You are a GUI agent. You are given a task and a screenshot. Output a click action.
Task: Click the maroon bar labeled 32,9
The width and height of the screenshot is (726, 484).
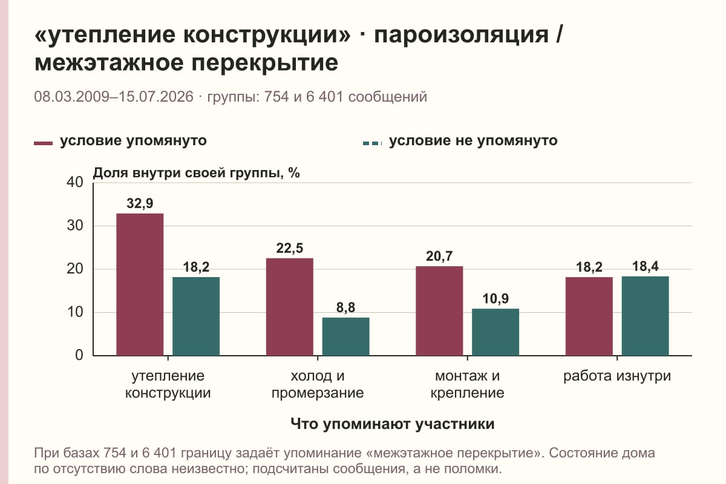[140, 284]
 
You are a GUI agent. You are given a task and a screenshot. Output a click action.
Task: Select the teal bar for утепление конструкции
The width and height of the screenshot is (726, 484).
[196, 316]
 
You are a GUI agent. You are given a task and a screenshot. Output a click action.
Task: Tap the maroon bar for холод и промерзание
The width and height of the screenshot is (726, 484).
[289, 307]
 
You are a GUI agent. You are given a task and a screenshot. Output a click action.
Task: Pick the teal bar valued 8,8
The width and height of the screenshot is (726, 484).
[345, 336]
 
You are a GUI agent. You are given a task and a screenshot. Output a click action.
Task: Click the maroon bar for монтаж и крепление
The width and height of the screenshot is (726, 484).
[439, 311]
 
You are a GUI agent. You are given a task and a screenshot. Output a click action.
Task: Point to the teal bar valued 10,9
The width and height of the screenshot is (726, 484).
[495, 332]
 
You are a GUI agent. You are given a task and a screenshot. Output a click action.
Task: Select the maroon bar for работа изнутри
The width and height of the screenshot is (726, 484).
[589, 316]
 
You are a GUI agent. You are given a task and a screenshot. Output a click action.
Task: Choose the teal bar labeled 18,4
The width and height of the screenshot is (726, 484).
[645, 316]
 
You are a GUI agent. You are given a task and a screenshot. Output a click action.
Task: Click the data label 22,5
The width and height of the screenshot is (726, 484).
[289, 248]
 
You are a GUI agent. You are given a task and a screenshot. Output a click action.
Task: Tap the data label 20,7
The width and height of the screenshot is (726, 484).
[439, 257]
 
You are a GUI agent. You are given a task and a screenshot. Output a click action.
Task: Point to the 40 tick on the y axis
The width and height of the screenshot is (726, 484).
[75, 182]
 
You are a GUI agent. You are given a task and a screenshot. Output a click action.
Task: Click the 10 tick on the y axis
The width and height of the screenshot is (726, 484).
[75, 312]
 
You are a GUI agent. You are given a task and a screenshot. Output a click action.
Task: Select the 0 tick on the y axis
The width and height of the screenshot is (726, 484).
[79, 355]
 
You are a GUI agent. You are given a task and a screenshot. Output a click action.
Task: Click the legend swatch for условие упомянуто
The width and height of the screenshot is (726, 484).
[43, 143]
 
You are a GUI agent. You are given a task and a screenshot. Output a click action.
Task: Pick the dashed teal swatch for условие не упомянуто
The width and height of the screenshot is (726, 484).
[373, 143]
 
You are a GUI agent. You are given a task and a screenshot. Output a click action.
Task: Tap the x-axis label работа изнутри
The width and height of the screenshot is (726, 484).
[617, 376]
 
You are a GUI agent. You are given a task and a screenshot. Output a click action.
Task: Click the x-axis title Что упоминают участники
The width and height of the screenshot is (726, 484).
[393, 424]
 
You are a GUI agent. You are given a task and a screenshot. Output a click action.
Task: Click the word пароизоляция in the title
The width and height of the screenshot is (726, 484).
[462, 34]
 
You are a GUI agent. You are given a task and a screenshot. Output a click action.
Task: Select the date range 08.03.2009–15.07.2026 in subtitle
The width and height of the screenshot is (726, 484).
[114, 97]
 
